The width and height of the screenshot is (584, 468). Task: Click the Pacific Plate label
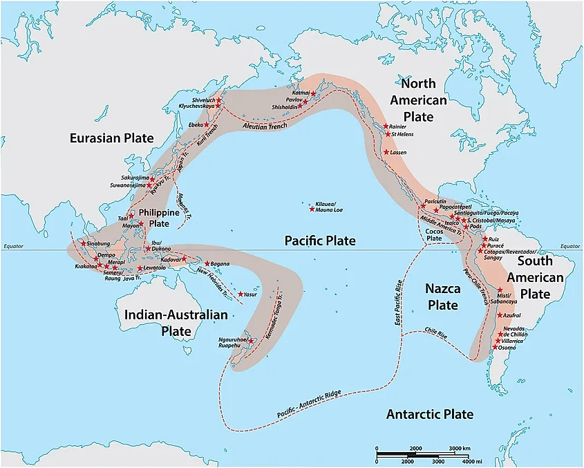click(320, 241)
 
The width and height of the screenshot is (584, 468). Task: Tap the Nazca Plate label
click(433, 295)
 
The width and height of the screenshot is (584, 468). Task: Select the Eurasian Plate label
click(111, 138)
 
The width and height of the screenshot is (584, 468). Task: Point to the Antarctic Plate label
click(429, 414)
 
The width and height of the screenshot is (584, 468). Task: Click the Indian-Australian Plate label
click(176, 323)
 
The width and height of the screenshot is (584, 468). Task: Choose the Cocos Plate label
click(433, 234)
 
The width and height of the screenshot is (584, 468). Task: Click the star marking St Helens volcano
click(387, 134)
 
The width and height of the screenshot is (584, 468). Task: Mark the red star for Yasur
click(241, 294)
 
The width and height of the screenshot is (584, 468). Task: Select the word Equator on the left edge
click(13, 246)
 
